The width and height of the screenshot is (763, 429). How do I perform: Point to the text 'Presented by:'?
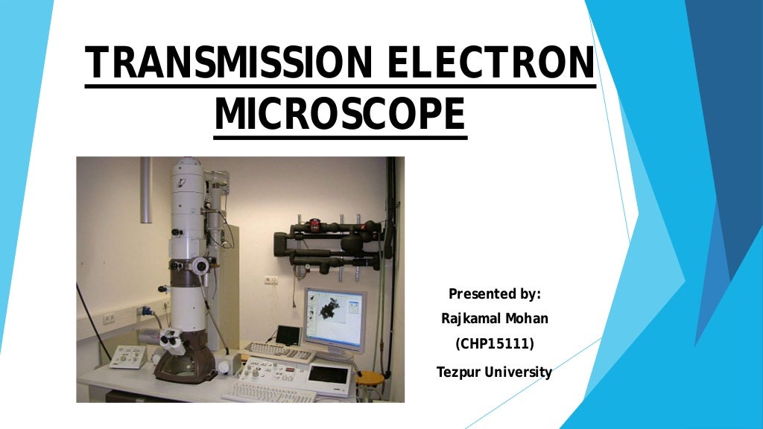(494, 293)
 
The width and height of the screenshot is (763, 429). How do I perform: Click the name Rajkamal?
(470, 320)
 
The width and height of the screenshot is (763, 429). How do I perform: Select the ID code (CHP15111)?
(494, 345)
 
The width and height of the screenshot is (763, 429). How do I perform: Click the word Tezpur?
(458, 372)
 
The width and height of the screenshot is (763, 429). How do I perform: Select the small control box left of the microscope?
(127, 356)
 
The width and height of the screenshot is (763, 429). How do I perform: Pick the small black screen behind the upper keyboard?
(288, 334)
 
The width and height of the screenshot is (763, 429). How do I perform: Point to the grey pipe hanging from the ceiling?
(145, 190)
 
